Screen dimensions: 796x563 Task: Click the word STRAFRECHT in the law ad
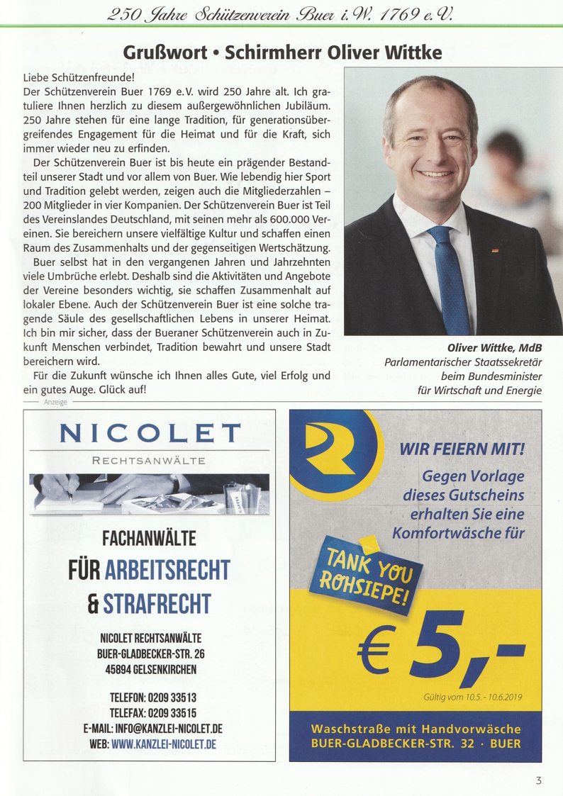(x=157, y=604)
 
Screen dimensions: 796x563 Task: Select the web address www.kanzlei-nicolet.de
(x=163, y=744)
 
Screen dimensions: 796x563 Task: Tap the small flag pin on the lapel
(x=496, y=250)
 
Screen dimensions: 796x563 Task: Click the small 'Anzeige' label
(x=55, y=402)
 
